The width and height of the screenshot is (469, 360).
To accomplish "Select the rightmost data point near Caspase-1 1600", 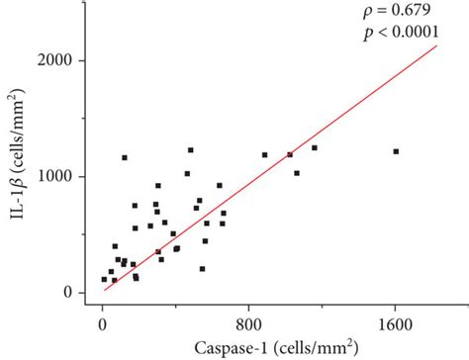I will (396, 151).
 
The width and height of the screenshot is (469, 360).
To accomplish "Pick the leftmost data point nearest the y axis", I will (104, 279).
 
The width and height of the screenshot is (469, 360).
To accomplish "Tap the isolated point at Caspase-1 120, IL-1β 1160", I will (125, 157).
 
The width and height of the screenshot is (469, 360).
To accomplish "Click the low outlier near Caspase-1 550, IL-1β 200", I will (202, 268).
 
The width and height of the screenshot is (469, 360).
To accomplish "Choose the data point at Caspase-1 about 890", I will (264, 154).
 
